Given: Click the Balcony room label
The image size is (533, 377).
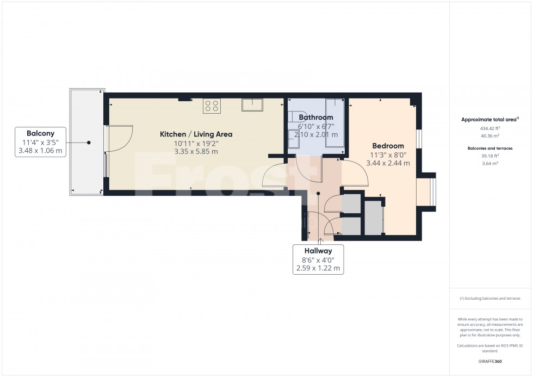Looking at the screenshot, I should click(x=41, y=133).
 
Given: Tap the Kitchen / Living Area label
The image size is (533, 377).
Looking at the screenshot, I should click(x=196, y=134).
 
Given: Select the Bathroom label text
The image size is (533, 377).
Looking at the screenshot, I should click(x=315, y=117).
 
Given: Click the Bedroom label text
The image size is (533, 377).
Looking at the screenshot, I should click(x=388, y=146).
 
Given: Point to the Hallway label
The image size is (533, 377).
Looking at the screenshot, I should click(x=318, y=251).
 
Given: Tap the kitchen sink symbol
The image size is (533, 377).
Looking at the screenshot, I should click(x=252, y=104).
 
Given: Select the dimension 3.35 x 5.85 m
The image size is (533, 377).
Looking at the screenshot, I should click(x=196, y=152).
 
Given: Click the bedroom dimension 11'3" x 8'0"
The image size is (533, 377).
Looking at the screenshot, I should click(x=388, y=154).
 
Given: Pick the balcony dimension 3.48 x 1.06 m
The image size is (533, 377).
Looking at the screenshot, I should click(x=41, y=151).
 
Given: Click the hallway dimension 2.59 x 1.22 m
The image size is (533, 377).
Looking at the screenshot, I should click(x=318, y=268).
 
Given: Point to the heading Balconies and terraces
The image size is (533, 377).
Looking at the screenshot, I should click(x=490, y=147).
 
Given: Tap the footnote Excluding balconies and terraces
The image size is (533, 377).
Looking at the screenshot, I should click(x=490, y=298).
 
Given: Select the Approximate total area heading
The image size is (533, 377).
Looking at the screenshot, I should click(x=488, y=120).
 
